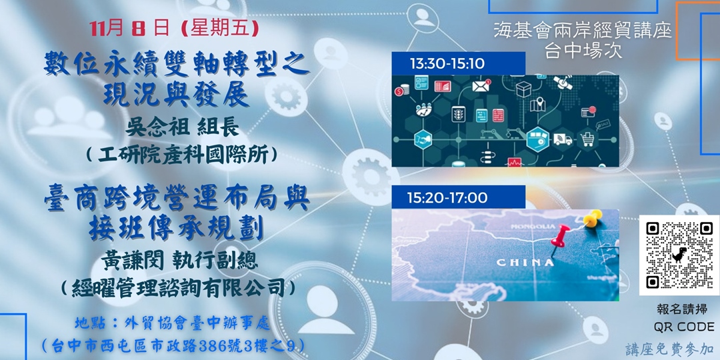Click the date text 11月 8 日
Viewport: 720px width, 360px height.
point(130,30)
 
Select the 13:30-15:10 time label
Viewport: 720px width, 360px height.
point(447,64)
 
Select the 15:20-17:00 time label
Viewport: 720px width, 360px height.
point(449,198)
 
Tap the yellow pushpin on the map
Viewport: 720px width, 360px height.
point(590,217)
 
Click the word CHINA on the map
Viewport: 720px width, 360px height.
point(525,262)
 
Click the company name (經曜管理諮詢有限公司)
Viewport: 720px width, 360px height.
point(177,288)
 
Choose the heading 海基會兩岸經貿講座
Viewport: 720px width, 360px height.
point(582,30)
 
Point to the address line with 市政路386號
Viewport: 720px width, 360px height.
point(172,345)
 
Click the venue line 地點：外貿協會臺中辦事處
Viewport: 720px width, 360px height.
point(172,324)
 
